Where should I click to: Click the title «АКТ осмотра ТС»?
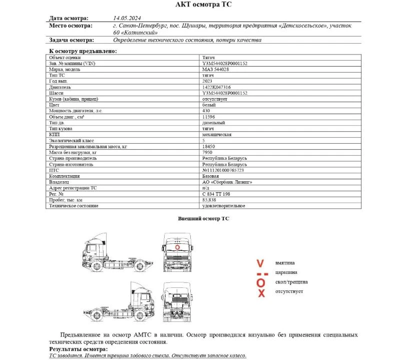click(x=204, y=5)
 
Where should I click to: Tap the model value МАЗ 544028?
click(x=215, y=70)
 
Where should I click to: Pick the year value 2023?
click(x=207, y=81)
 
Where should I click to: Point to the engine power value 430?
click(x=206, y=111)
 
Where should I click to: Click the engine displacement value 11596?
click(x=208, y=117)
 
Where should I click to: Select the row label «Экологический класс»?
click(x=72, y=141)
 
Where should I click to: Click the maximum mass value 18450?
click(x=209, y=147)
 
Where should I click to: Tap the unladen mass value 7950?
click(x=207, y=152)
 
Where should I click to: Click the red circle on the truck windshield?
click(x=178, y=246)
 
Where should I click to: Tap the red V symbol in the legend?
click(x=260, y=263)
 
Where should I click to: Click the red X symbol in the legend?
click(x=261, y=293)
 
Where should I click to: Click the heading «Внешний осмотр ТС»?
click(x=204, y=219)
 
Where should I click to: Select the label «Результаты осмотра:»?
click(x=78, y=349)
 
